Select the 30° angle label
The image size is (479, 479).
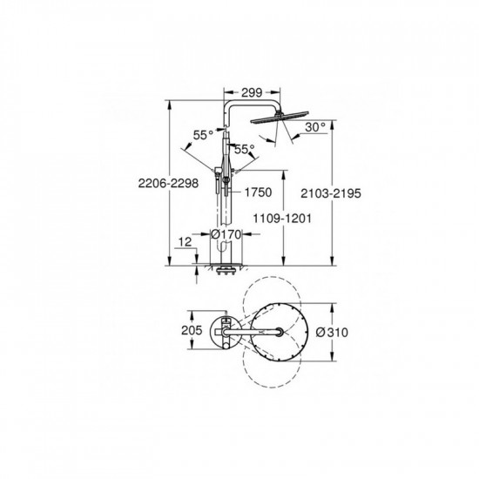[x=315, y=126]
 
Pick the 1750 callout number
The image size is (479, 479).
[x=253, y=192]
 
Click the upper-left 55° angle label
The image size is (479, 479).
[x=202, y=136]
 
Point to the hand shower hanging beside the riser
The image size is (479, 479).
[x=224, y=179]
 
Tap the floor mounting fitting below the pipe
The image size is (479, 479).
[x=225, y=266]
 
